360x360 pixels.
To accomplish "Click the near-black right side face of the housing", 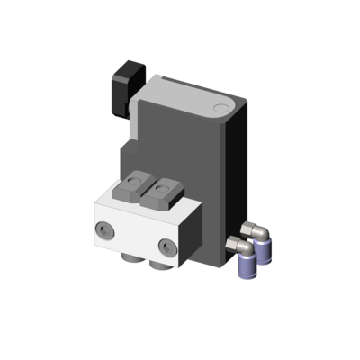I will pyautogui.click(x=237, y=180).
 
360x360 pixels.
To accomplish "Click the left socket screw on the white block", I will pyautogui.click(x=108, y=230).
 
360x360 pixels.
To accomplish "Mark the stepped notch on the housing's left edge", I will pyautogui.click(x=129, y=144).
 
